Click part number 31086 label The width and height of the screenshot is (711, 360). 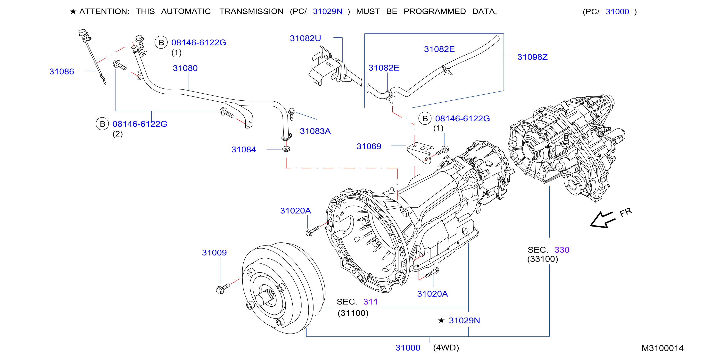click(62, 72)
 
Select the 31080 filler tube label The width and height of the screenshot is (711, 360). click(185, 68)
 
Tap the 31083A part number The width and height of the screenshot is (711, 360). click(315, 131)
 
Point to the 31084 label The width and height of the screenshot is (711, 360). click(244, 149)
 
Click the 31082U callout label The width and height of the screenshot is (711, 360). click(305, 38)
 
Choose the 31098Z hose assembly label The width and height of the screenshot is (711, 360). click(532, 57)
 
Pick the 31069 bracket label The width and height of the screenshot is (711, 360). click(369, 146)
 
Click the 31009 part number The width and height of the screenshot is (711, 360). click(214, 253)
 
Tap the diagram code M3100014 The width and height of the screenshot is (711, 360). click(662, 348)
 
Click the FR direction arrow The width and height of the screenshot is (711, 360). click(602, 220)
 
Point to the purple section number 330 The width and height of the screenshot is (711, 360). click(562, 250)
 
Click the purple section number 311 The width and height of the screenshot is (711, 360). click(370, 302)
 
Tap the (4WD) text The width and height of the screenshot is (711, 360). click(446, 348)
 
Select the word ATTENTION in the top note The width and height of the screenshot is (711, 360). click(104, 12)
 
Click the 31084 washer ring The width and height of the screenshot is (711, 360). click(286, 149)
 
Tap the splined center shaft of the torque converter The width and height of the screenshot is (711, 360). click(265, 297)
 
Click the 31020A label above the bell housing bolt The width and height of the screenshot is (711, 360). click(295, 211)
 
